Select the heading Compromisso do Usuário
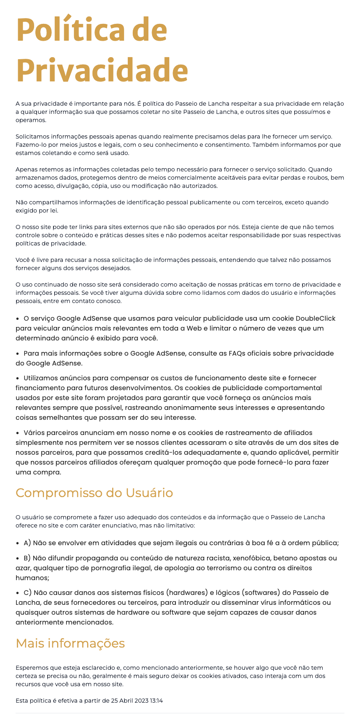tap(94, 493)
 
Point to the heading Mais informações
tap(70, 643)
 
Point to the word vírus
tap(265, 603)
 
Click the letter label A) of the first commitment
tap(28, 543)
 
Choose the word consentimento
tap(230, 145)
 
